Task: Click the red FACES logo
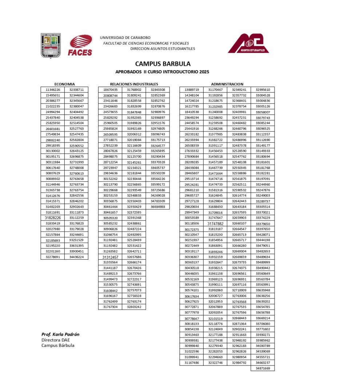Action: pos(80,45)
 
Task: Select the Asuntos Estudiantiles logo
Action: pos(249,44)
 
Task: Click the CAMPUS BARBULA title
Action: pos(163,64)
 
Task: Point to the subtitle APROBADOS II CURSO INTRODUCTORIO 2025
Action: pos(162,72)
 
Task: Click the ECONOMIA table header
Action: pos(64,84)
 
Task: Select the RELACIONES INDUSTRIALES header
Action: pos(134,84)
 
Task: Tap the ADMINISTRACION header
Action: pos(227,84)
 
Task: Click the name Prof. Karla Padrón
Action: pos(60,334)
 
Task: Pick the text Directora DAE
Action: pos(55,340)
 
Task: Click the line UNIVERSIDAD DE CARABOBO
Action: pos(125,37)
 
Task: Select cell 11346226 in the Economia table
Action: pos(53,89)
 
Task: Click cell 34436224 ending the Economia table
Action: pos(76,257)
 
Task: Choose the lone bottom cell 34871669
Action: pos(263,368)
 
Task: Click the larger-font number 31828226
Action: pos(53,218)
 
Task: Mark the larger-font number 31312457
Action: pos(110,257)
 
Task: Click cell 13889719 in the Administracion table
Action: pos(192,89)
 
